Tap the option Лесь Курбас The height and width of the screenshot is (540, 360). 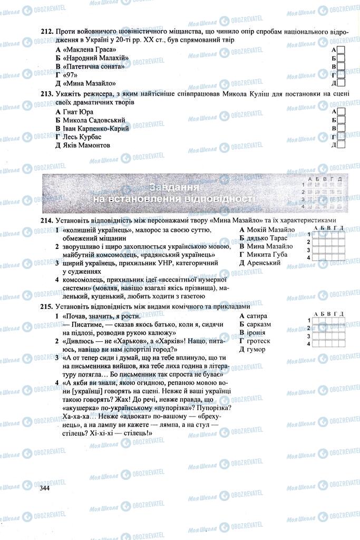(86, 137)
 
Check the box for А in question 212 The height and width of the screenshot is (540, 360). (341, 50)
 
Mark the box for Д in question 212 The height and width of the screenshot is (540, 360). (341, 83)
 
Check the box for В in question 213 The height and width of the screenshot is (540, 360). (341, 128)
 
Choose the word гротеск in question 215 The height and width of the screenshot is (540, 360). (258, 341)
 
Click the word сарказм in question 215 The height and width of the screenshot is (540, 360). (259, 324)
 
